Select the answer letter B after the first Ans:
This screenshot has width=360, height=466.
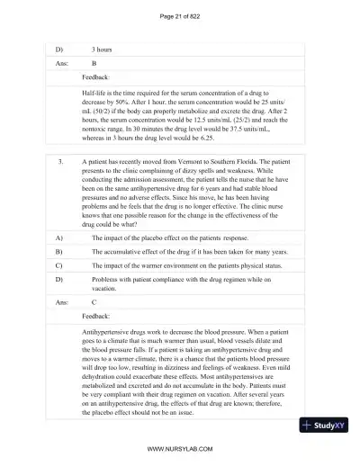click(94, 65)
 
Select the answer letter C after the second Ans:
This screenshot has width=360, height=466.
click(94, 304)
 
